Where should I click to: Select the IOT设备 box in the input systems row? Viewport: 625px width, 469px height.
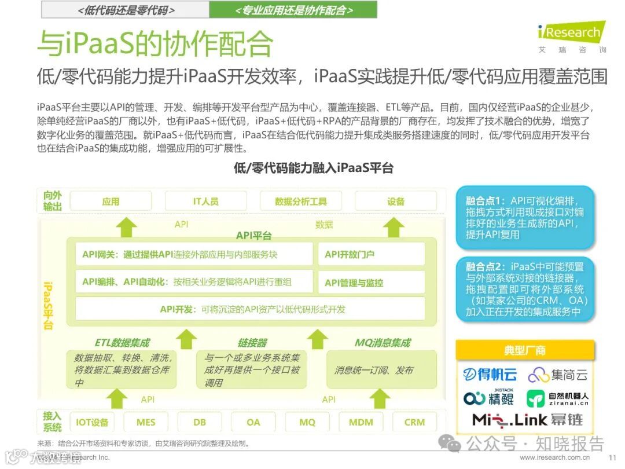[92, 422]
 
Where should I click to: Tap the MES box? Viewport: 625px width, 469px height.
[146, 422]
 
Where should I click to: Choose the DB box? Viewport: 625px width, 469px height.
[200, 422]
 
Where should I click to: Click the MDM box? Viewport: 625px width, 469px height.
[361, 422]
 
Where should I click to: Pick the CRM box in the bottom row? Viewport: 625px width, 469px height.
[414, 422]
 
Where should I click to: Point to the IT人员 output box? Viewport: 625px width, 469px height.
[205, 201]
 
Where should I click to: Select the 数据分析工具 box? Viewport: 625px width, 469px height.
[301, 201]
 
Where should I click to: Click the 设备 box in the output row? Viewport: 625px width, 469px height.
[396, 201]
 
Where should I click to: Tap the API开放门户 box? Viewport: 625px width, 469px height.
[371, 254]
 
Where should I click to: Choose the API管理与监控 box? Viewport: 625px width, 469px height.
[371, 283]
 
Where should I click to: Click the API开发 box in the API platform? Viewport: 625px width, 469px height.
[250, 309]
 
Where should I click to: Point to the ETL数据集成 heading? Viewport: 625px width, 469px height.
[122, 343]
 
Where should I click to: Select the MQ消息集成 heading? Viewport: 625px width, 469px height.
[382, 343]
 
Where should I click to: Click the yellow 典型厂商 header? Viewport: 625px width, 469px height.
[524, 350]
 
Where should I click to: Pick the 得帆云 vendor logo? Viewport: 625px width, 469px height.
[490, 375]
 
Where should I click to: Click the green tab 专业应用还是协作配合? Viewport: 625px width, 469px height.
[293, 10]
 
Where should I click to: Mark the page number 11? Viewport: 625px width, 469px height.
[612, 457]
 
